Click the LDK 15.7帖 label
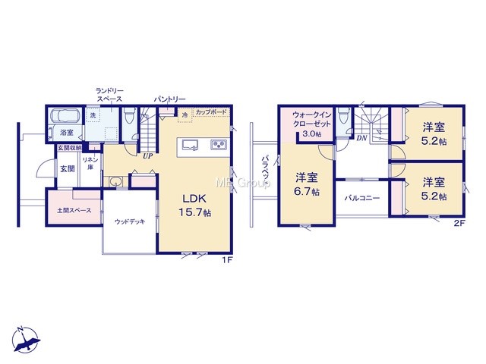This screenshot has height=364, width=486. pyautogui.click(x=194, y=206)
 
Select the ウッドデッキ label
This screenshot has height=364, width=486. pyautogui.click(x=130, y=221)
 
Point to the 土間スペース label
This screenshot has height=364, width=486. pyautogui.click(x=74, y=211)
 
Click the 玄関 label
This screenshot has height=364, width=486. pyautogui.click(x=68, y=169)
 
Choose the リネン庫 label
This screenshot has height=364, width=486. pyautogui.click(x=90, y=163)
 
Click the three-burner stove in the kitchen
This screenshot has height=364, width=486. pyautogui.click(x=219, y=144)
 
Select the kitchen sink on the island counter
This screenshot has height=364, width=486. pyautogui.click(x=191, y=145)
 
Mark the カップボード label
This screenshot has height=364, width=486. pyautogui.click(x=211, y=111)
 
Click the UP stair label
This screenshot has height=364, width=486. pyautogui.click(x=147, y=156)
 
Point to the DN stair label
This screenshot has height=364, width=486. pyautogui.click(x=361, y=138)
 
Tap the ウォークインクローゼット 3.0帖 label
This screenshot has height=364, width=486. pyautogui.click(x=312, y=124)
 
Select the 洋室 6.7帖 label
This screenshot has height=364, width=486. pyautogui.click(x=307, y=184)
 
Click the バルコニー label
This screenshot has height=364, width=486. pyautogui.click(x=362, y=198)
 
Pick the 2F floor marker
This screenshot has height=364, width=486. pyautogui.click(x=459, y=223)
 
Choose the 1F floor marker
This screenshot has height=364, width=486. pyautogui.click(x=226, y=260)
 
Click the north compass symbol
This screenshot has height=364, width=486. pyautogui.click(x=26, y=340)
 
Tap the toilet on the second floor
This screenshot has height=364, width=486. pyautogui.click(x=343, y=118)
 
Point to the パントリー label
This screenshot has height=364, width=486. pyautogui.click(x=170, y=99)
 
